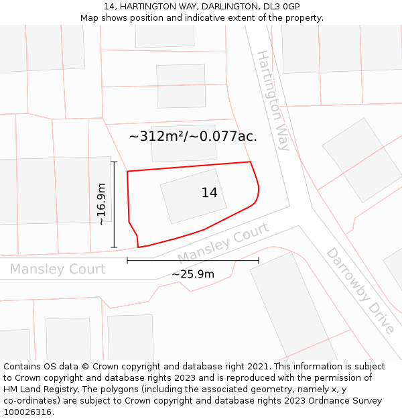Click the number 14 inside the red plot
[209, 192]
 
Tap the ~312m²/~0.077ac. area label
[193, 136]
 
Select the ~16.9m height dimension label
[101, 204]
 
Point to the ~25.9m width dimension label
[193, 274]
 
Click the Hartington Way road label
[273, 100]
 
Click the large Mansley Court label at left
[58, 269]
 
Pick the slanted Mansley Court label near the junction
[223, 243]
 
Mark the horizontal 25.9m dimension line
[193, 261]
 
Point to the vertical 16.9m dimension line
[115, 204]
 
